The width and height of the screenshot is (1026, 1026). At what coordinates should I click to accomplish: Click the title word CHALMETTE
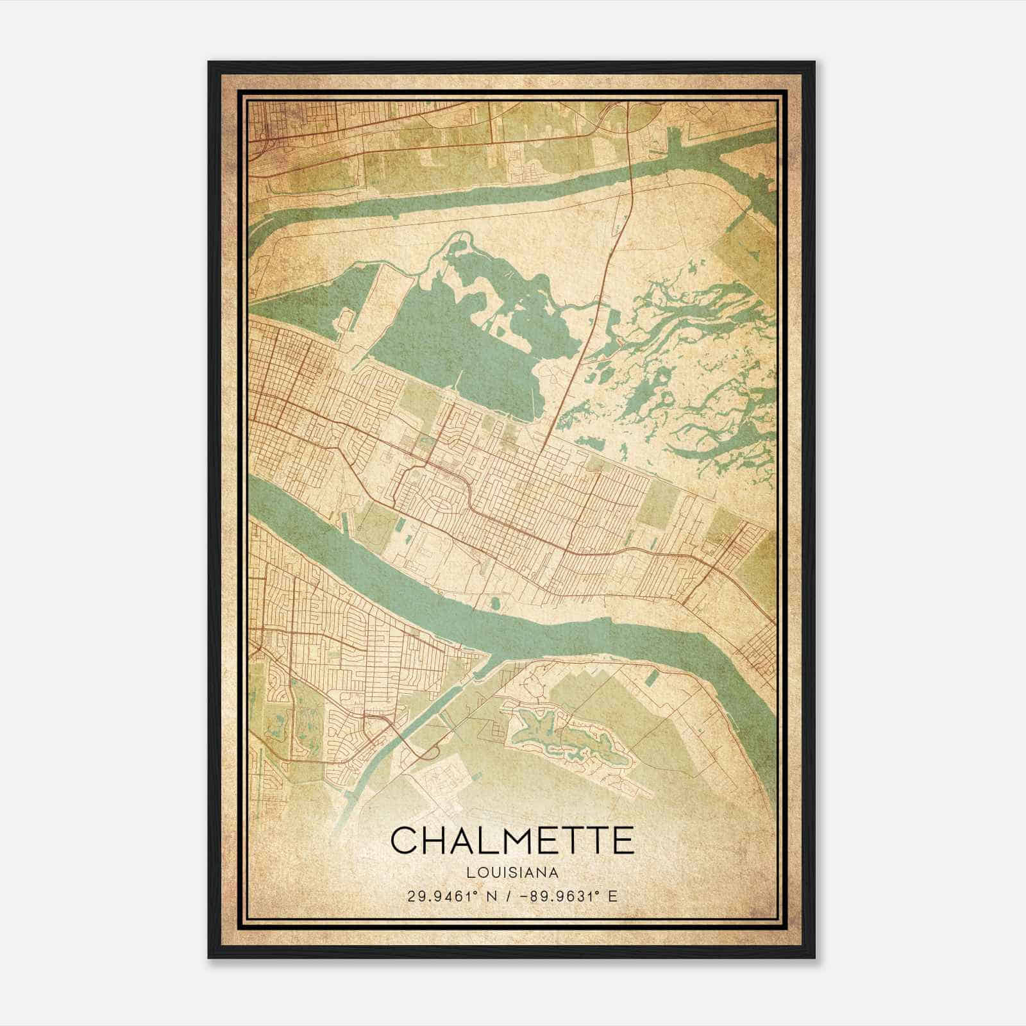coord(512,841)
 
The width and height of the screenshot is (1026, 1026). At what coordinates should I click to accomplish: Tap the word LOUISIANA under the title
coord(512,873)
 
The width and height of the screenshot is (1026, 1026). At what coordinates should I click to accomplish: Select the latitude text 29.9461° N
coord(444,896)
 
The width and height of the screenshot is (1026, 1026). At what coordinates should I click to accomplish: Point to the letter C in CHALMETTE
coord(404,841)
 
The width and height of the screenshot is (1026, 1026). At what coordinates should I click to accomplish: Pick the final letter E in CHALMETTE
coord(620,841)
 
